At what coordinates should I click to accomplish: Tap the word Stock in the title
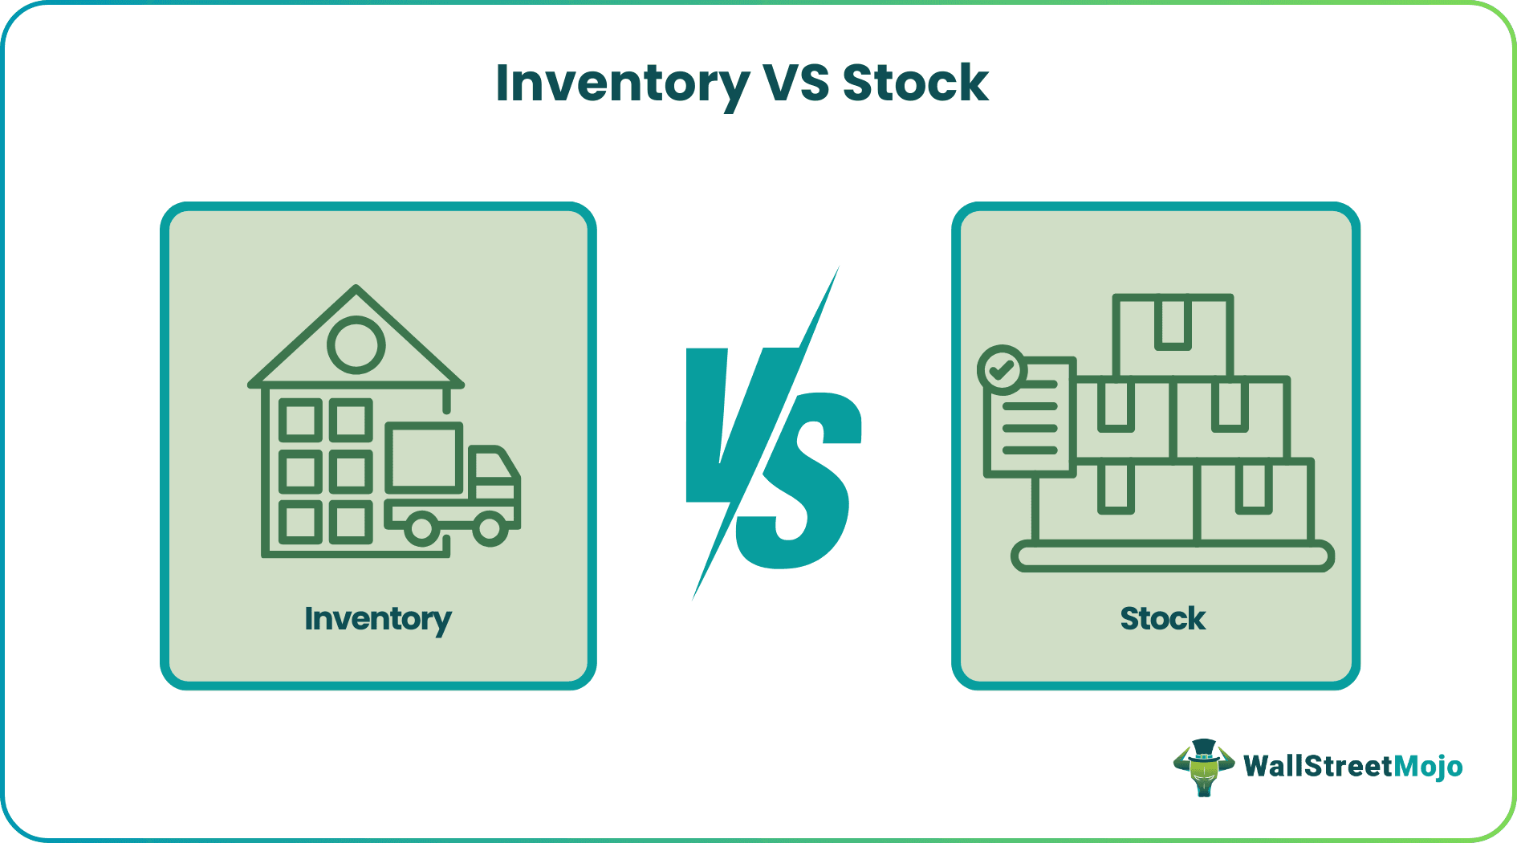(x=915, y=83)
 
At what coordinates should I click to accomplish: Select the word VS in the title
(x=795, y=83)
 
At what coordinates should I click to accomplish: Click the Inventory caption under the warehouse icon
(x=378, y=619)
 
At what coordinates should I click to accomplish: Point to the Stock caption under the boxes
(x=1162, y=619)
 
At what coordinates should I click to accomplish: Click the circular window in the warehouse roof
(x=356, y=345)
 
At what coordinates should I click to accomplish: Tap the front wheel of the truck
(x=490, y=529)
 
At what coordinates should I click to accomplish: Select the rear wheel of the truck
(x=421, y=529)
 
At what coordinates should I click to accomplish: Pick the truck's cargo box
(x=424, y=458)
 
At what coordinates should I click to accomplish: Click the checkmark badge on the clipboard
(x=1002, y=370)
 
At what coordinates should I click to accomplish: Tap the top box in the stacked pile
(x=1173, y=335)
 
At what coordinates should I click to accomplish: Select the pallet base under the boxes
(x=1172, y=556)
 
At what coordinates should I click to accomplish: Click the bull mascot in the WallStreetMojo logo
(x=1203, y=768)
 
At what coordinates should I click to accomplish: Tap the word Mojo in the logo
(x=1428, y=767)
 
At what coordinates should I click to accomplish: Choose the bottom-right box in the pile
(x=1254, y=500)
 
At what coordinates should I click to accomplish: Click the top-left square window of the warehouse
(x=301, y=420)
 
